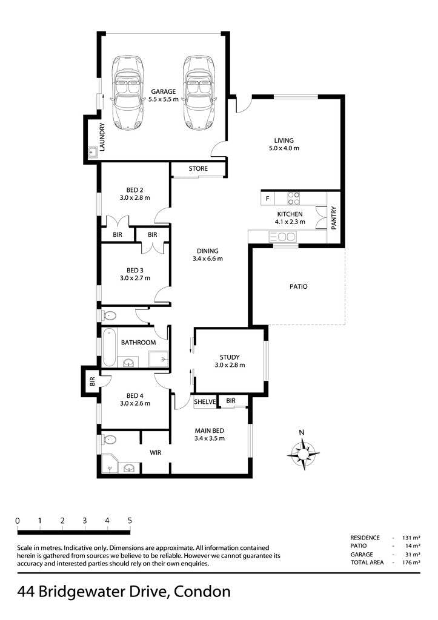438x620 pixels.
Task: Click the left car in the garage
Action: [127, 92]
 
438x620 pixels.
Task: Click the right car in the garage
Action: [199, 92]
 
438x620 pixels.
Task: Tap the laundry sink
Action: [93, 151]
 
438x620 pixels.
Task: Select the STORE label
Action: [198, 168]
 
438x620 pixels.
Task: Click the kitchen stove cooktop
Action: [293, 198]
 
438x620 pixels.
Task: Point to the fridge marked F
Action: [268, 199]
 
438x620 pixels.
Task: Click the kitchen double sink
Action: [282, 237]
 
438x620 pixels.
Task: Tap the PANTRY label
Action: [334, 217]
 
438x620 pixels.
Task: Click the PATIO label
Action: [298, 286]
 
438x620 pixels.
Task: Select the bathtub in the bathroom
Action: [109, 348]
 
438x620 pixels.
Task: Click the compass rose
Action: [303, 453]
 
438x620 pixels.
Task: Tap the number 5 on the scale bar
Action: [130, 521]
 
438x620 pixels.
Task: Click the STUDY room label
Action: [230, 357]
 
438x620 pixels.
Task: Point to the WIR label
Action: [155, 452]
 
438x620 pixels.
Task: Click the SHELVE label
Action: [205, 402]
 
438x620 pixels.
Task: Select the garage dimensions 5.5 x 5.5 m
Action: [164, 99]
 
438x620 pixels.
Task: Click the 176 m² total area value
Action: [411, 562]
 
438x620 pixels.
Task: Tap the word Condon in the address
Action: [202, 592]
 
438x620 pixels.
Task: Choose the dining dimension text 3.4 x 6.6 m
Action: [208, 259]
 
